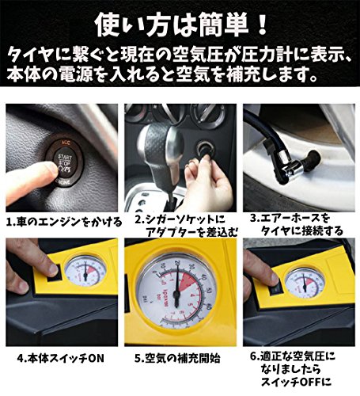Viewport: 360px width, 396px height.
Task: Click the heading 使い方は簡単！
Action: click(x=181, y=25)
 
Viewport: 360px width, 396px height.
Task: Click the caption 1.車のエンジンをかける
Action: click(x=64, y=222)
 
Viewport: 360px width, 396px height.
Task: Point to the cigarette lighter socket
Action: click(x=204, y=148)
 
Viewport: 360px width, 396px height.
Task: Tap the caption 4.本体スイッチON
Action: click(x=60, y=359)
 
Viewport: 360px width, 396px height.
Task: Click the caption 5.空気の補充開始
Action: click(x=177, y=359)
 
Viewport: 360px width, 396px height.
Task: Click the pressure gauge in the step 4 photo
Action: click(x=85, y=271)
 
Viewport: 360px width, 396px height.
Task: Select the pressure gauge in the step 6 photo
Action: click(x=305, y=284)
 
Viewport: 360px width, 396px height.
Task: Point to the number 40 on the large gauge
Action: click(x=203, y=278)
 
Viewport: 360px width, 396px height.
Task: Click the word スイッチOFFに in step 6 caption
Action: click(x=296, y=381)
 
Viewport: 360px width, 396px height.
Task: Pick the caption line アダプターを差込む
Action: click(x=192, y=232)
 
